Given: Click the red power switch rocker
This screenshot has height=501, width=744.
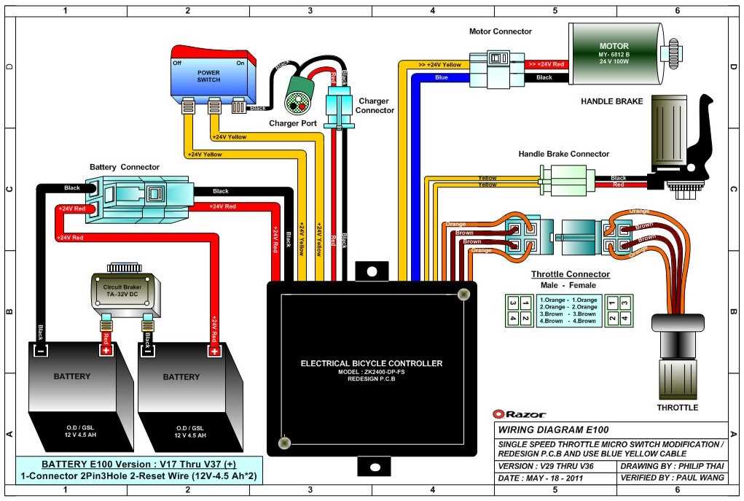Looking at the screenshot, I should (x=214, y=54).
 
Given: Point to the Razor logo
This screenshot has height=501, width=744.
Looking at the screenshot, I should (x=520, y=414).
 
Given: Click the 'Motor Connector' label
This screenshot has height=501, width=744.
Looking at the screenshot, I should (x=501, y=31).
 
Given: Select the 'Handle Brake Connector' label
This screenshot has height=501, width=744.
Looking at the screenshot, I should (x=563, y=154).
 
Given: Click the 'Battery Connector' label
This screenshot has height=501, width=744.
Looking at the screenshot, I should (x=124, y=167).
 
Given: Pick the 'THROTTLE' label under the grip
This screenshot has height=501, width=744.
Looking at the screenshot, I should (x=677, y=408).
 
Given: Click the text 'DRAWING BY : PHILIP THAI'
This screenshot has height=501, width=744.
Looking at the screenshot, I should (x=672, y=465).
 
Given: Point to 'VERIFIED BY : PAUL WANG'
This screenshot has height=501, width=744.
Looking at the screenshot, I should (x=672, y=478).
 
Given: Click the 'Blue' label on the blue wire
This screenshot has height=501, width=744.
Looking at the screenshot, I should (x=441, y=77).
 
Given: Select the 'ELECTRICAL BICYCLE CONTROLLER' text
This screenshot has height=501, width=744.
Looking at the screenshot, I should (x=371, y=363).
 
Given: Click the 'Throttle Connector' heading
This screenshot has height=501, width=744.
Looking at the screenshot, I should (x=569, y=274).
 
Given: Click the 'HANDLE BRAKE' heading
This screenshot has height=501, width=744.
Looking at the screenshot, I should (x=611, y=101).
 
